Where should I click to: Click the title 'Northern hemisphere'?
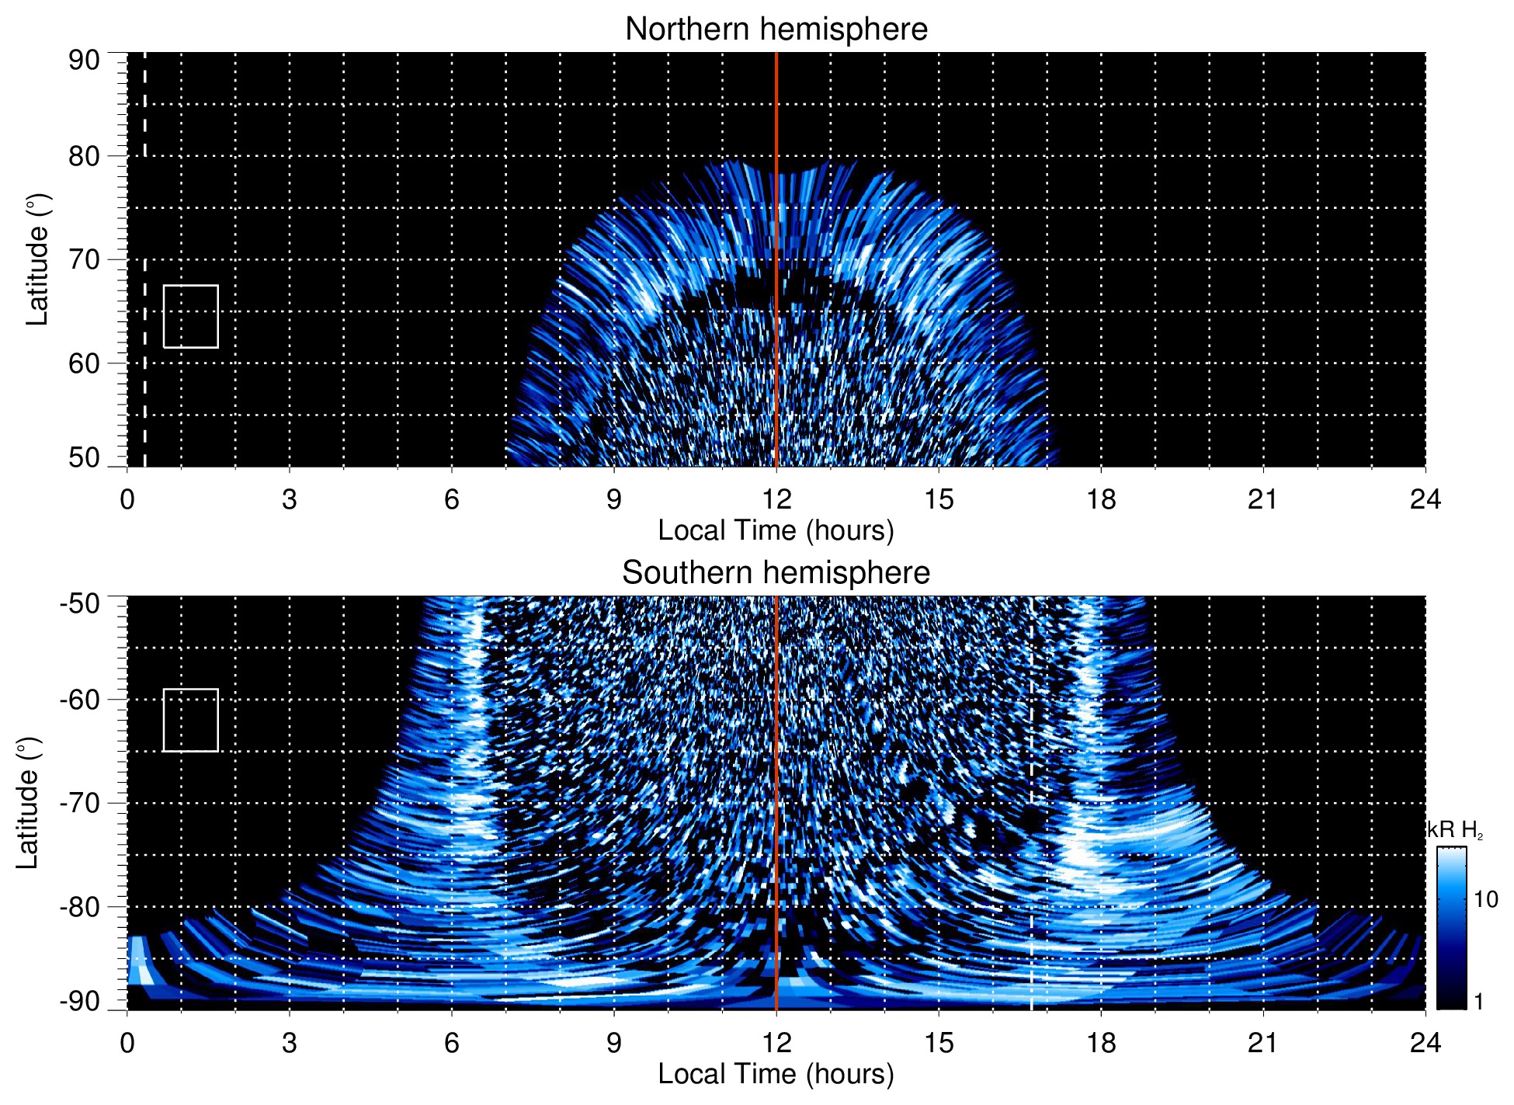click(776, 30)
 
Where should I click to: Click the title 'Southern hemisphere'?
click(776, 573)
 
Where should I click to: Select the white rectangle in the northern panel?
click(190, 317)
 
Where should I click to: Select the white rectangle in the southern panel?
click(190, 720)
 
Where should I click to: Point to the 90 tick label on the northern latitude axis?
click(84, 61)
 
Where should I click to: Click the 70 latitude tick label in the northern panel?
click(84, 260)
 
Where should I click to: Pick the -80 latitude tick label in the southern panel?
click(80, 907)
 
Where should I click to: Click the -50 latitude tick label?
click(80, 603)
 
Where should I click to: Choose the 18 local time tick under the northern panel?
click(1101, 499)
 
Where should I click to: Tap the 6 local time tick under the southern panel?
click(452, 1043)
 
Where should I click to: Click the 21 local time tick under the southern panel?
click(1263, 1043)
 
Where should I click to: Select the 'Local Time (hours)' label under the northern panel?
click(776, 530)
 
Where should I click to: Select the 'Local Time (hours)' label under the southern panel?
click(776, 1074)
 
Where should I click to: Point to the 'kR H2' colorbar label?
click(1455, 830)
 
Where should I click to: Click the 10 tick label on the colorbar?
click(1485, 900)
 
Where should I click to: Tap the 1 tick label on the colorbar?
click(1478, 1002)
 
